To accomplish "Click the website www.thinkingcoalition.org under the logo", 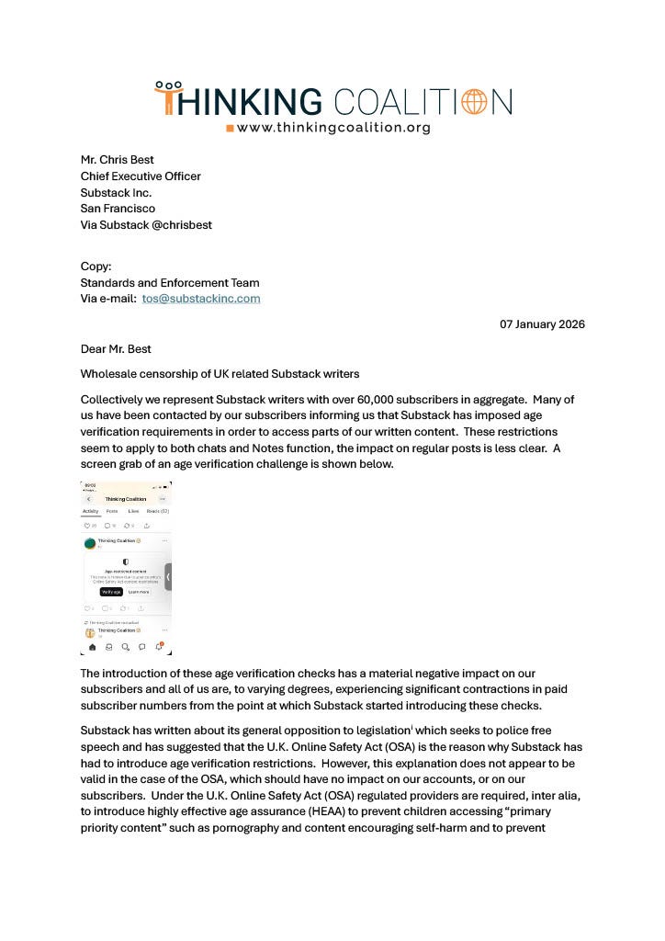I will [333, 128].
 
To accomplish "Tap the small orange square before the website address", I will [230, 129].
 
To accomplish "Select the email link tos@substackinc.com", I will [201, 299].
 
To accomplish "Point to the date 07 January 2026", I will [542, 324].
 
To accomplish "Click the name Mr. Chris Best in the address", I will [117, 160].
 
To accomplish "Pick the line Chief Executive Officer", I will [141, 176].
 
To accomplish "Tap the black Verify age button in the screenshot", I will [111, 592].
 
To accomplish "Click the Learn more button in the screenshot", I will [138, 592].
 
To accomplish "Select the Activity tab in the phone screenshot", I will [91, 511].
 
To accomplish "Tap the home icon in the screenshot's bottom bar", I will [92, 647].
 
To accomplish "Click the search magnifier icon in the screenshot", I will [125, 647].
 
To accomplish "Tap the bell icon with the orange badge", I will [159, 646].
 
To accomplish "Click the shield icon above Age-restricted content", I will [126, 561].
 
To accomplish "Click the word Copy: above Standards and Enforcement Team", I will [96, 266].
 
